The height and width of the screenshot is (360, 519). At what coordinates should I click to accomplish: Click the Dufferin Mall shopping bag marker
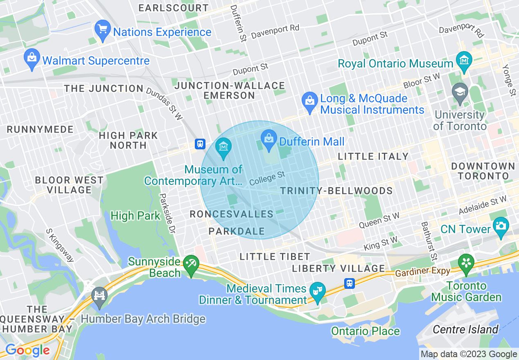click(x=269, y=137)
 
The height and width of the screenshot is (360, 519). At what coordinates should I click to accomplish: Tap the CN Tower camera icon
click(x=500, y=225)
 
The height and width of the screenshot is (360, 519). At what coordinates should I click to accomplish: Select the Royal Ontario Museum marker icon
click(x=465, y=59)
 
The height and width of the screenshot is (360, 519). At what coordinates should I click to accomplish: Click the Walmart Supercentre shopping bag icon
click(x=32, y=57)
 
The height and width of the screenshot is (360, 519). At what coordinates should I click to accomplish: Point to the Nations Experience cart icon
click(x=102, y=29)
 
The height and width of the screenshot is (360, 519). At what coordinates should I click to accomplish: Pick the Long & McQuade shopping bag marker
click(x=310, y=100)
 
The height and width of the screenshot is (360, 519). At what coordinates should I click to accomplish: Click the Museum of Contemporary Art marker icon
click(x=223, y=146)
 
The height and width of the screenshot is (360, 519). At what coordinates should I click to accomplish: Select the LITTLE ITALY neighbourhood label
click(x=373, y=156)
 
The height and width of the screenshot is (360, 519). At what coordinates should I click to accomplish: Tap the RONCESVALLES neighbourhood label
click(x=232, y=214)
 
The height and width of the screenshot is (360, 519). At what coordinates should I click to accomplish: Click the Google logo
click(x=27, y=350)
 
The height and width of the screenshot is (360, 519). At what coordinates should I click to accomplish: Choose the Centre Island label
click(x=466, y=329)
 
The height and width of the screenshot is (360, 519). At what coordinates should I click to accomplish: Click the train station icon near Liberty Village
click(x=349, y=283)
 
